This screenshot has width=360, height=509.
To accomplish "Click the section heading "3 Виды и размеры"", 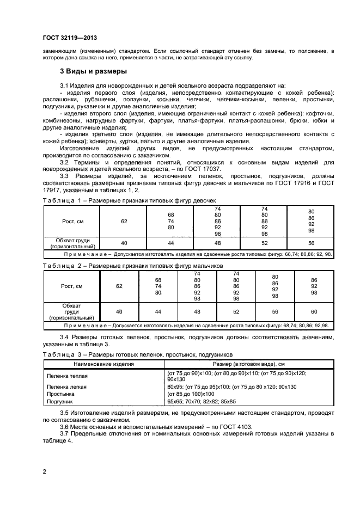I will tap(93, 71).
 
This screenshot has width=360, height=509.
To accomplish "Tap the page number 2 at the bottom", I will tap(45, 471).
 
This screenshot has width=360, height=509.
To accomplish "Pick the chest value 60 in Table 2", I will tap(314, 311).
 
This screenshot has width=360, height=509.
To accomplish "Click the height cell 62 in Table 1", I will tap(124, 222).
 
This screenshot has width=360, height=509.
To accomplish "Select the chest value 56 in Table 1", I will tap(311, 243).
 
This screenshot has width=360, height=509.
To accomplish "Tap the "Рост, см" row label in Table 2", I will tap(71, 286).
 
